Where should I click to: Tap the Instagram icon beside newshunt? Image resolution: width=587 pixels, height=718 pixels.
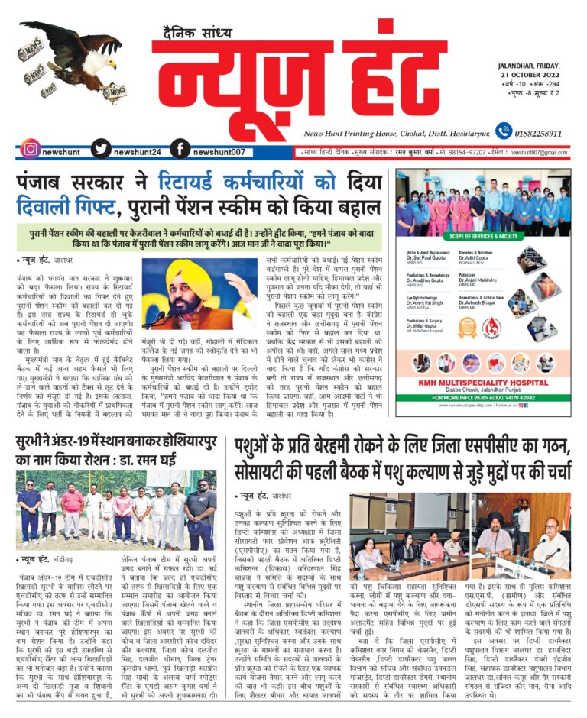[30, 150]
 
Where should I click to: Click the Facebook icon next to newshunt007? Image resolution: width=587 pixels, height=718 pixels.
[180, 150]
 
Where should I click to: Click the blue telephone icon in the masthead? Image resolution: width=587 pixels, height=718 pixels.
[503, 131]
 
